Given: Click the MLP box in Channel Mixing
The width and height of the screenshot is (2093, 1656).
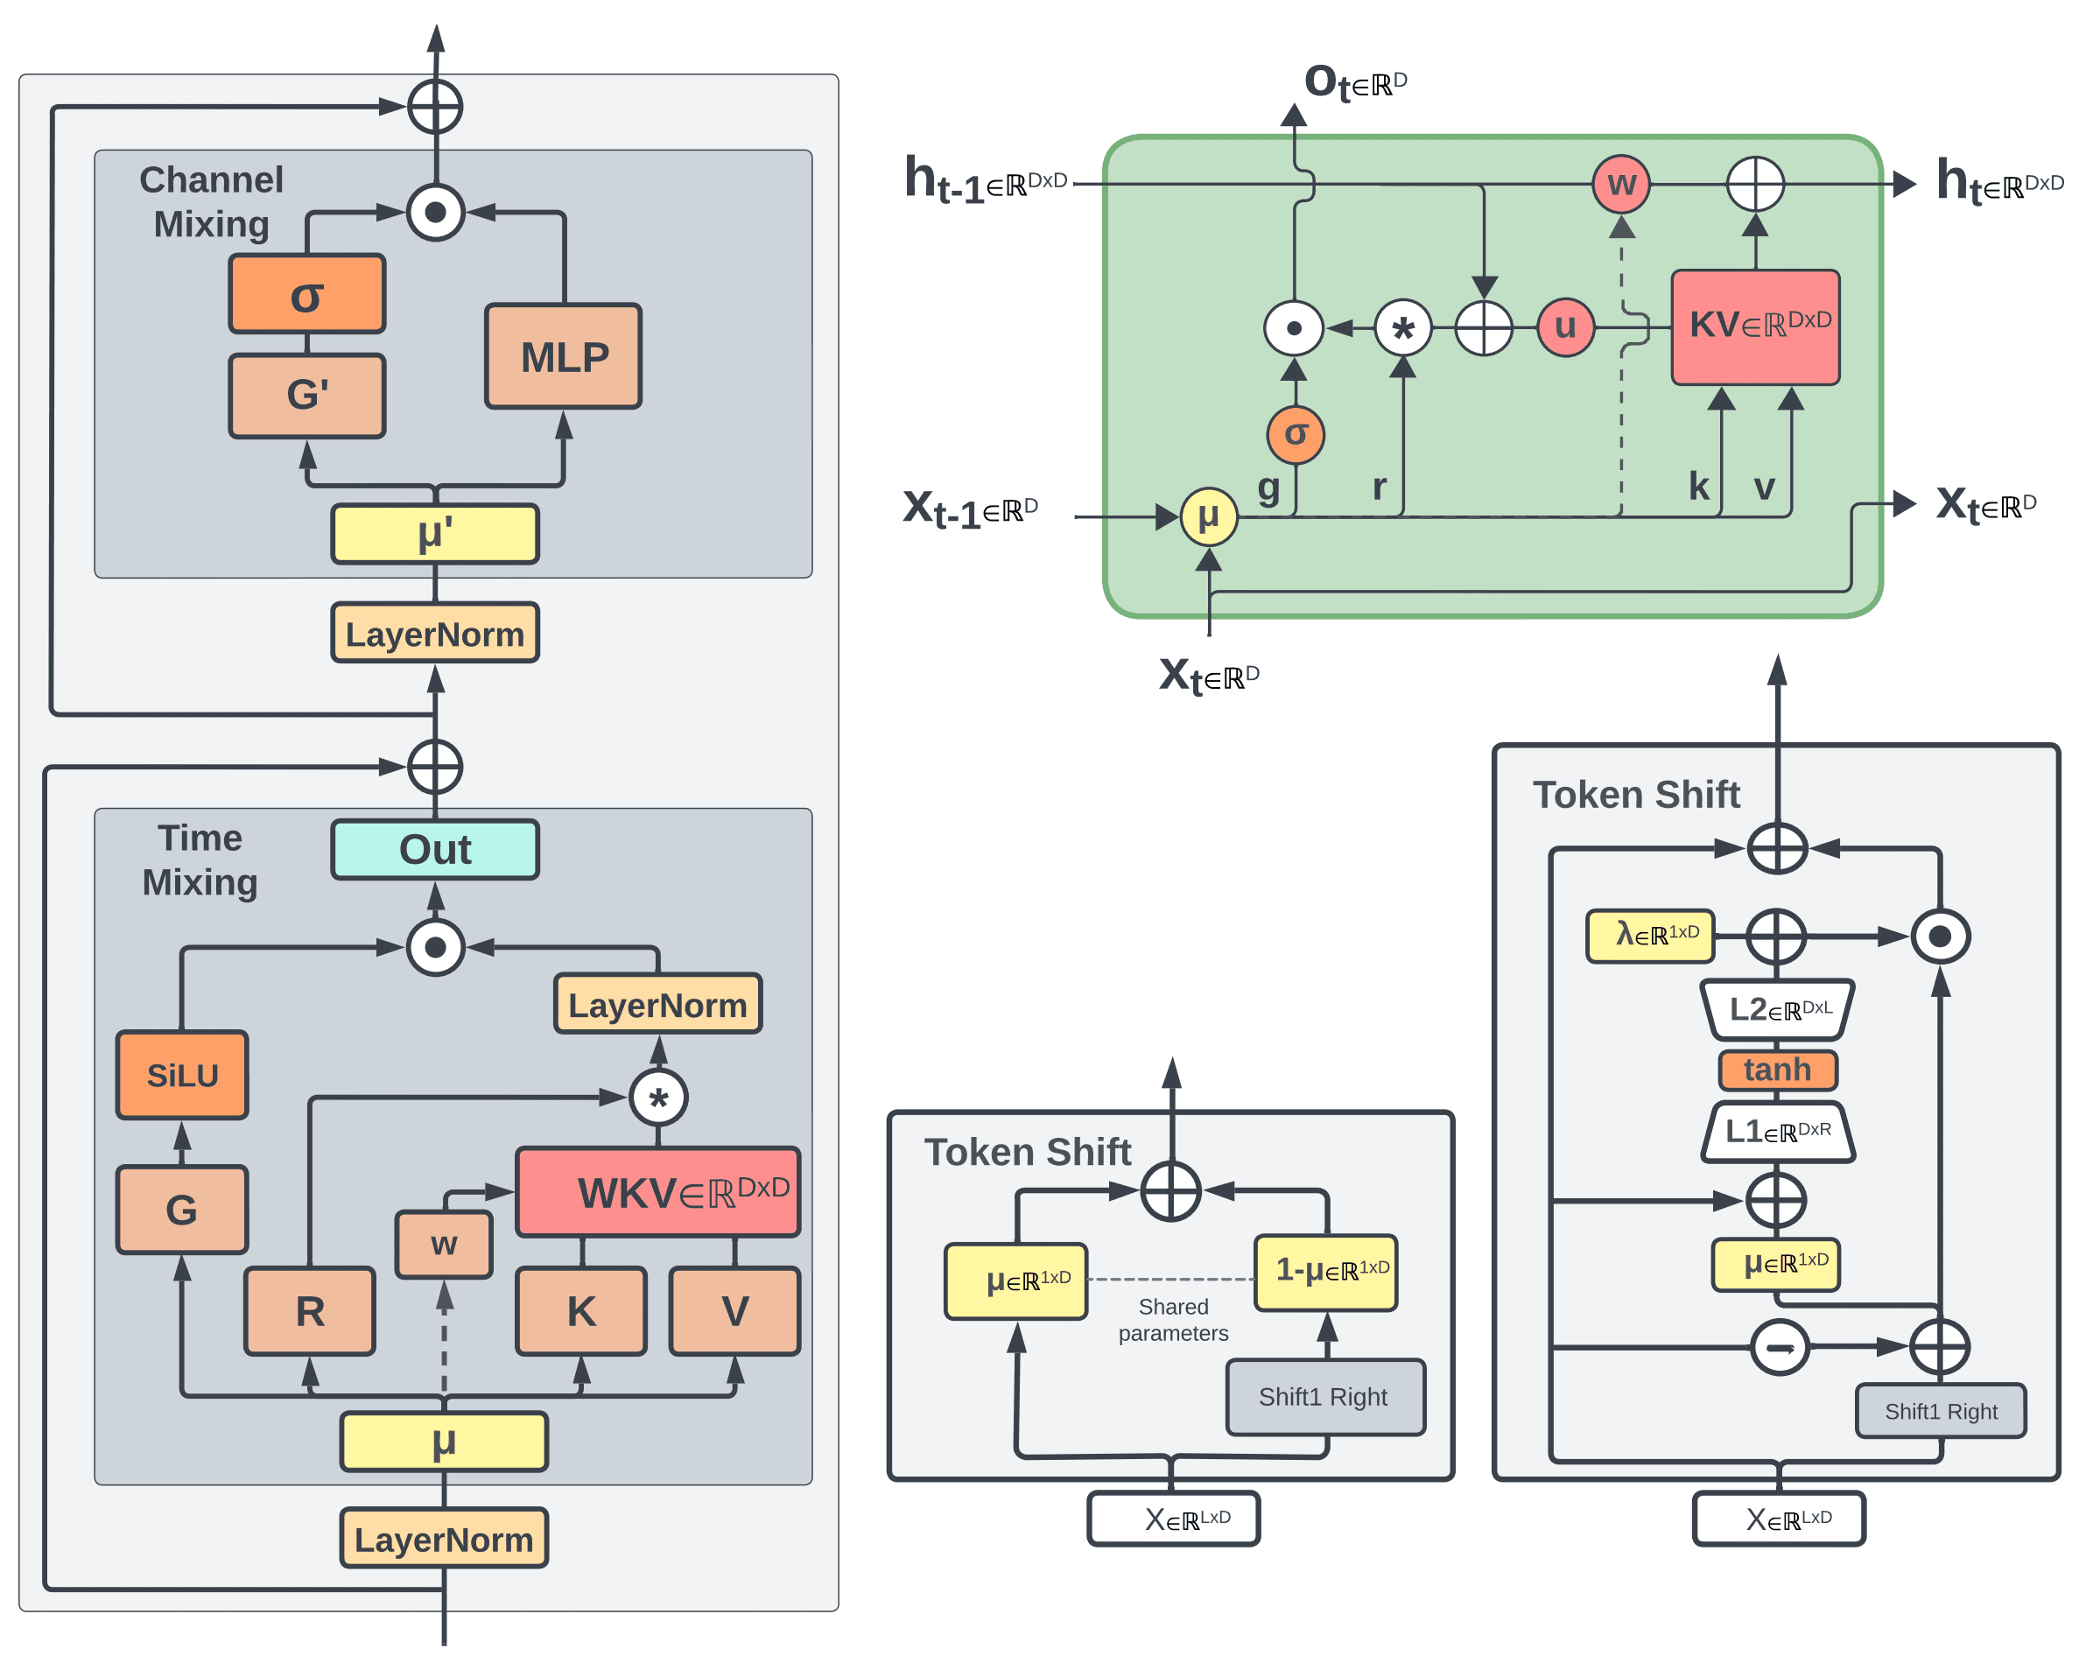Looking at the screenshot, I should coord(563,356).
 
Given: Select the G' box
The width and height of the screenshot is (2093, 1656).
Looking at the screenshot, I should coord(307,396).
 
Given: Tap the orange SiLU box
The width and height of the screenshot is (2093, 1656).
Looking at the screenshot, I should coord(182,1074).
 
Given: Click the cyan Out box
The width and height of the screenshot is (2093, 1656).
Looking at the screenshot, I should coord(435,849).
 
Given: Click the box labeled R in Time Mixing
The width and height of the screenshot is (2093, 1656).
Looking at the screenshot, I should coord(310,1311).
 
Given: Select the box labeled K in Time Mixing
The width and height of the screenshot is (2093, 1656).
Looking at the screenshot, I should coord(581,1311).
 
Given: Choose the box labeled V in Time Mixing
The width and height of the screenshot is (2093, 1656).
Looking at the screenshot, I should coord(734,1311).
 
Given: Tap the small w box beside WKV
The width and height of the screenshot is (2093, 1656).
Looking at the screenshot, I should coord(444,1244).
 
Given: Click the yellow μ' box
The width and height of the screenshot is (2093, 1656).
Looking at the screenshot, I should coord(435,533).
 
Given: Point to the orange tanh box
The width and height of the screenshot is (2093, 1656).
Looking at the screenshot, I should coord(1777,1070).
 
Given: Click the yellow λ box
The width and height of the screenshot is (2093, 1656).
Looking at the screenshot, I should coord(1650,936).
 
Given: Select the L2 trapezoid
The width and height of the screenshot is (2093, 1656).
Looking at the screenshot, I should coord(1778,1009).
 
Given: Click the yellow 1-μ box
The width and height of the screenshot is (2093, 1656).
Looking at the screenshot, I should coord(1325,1272).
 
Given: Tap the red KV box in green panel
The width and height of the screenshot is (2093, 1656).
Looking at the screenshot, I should coord(1756,326).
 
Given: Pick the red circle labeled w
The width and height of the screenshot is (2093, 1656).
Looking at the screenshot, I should coord(1622,183).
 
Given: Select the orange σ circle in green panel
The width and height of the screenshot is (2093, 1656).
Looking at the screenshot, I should coord(1296,434).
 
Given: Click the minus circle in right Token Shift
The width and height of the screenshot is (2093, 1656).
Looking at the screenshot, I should coord(1780,1347).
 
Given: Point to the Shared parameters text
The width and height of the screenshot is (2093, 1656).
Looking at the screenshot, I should coord(1173,1320).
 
